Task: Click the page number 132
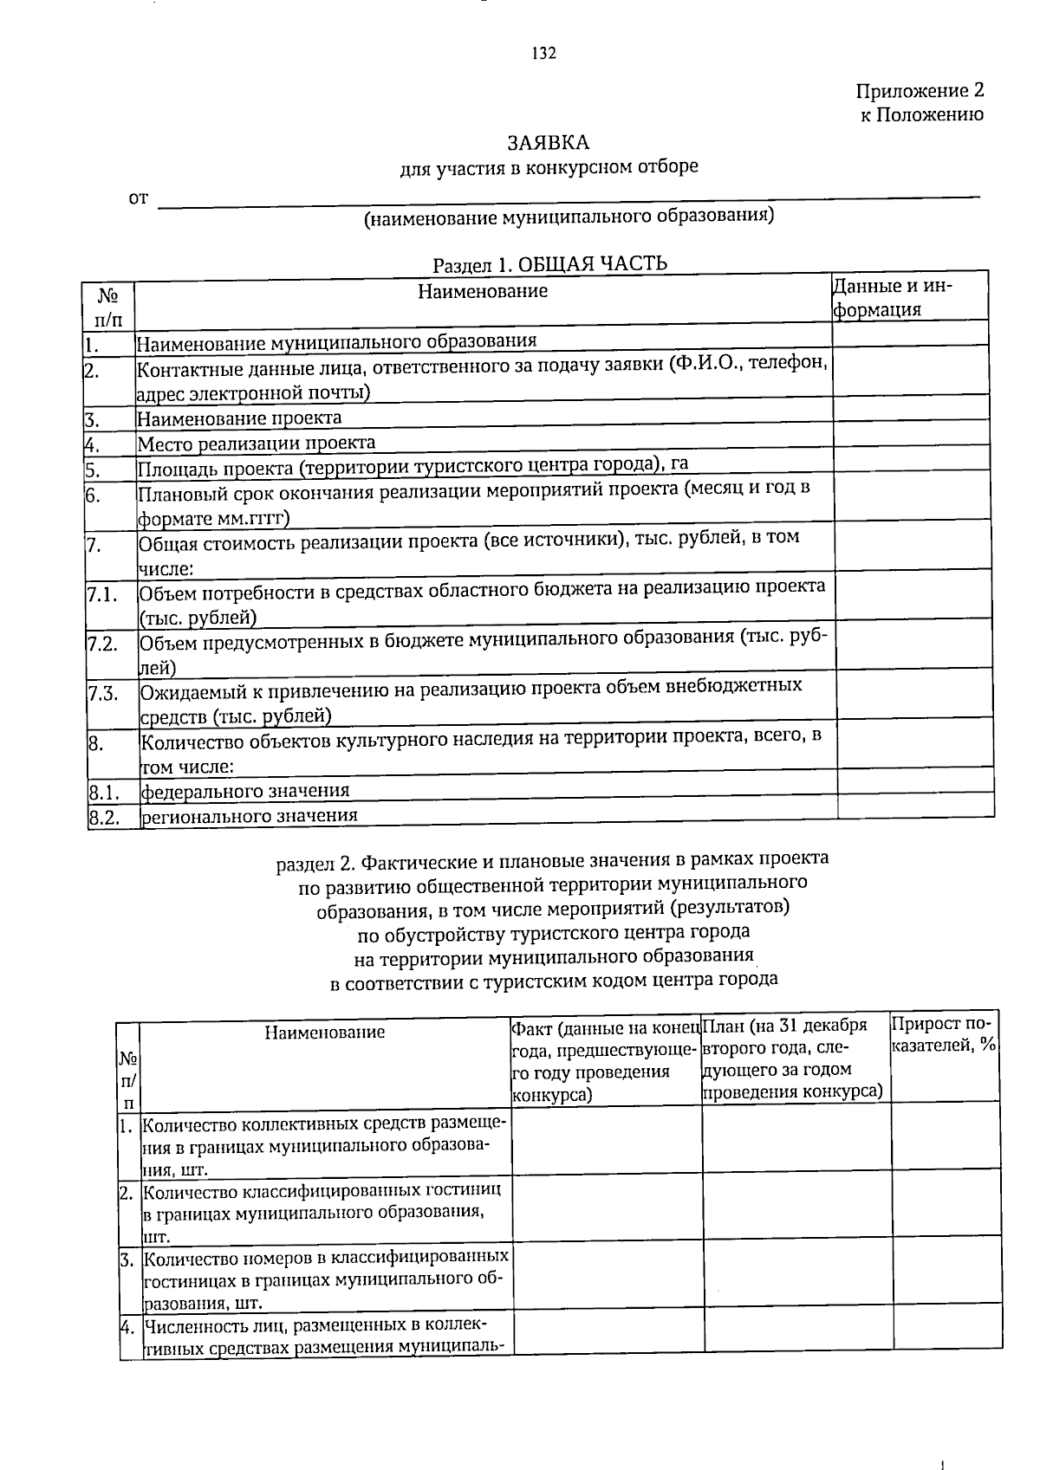tap(543, 54)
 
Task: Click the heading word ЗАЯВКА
tap(548, 142)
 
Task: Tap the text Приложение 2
tap(920, 91)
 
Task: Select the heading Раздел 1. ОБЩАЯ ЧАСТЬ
tap(549, 263)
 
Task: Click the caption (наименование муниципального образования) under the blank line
tap(569, 217)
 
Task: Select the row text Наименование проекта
tap(239, 418)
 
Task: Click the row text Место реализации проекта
tap(257, 444)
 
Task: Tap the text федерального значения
tap(245, 791)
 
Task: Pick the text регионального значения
tap(249, 816)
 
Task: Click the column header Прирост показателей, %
tap(945, 1035)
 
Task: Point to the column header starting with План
tap(792, 1059)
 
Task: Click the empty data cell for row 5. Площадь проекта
tap(910, 469)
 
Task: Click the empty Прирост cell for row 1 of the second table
tap(945, 1141)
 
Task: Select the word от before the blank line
tap(138, 198)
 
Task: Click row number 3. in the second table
tap(126, 1257)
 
